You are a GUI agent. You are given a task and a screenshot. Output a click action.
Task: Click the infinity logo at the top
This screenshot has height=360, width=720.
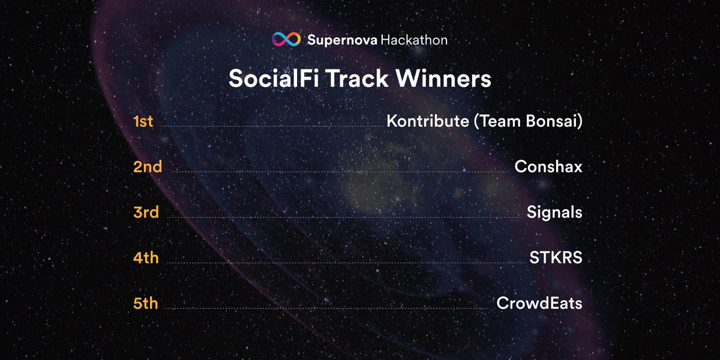[x=286, y=40]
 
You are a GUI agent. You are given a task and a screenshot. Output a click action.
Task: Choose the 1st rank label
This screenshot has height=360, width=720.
[x=143, y=121]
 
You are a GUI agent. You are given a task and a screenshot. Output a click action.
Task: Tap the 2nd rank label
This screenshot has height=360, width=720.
[x=148, y=167]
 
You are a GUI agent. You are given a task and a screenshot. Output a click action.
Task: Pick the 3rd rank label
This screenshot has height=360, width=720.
[x=146, y=212]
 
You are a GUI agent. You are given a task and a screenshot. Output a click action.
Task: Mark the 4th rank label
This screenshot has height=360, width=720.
[x=146, y=258]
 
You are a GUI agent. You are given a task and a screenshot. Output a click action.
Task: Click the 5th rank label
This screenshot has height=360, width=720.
[x=146, y=304]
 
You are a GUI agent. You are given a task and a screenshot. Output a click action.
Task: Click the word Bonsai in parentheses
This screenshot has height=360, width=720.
[x=553, y=121]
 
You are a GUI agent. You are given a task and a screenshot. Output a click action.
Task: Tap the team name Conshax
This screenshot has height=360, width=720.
[x=548, y=167]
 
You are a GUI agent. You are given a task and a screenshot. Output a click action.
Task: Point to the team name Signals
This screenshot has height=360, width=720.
[x=554, y=212]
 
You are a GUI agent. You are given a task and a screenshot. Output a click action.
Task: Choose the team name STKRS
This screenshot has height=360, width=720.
[x=556, y=258]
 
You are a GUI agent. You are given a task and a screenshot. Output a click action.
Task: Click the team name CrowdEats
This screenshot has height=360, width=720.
[x=539, y=304]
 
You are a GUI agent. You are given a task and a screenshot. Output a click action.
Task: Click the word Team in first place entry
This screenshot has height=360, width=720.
[x=495, y=121]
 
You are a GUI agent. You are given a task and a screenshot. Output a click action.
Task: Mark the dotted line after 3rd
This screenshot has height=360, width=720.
[x=342, y=217]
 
